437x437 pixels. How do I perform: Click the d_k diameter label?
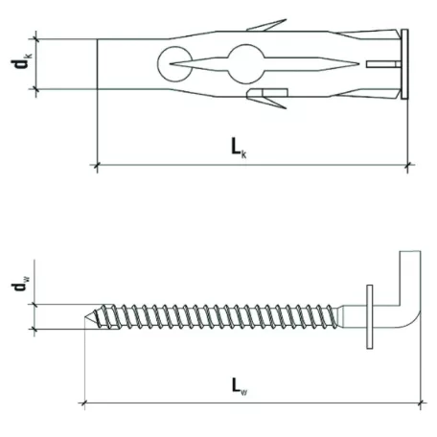(19, 64)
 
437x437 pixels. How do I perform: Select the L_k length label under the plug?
(238, 147)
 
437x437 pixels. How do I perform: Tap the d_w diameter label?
(19, 286)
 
